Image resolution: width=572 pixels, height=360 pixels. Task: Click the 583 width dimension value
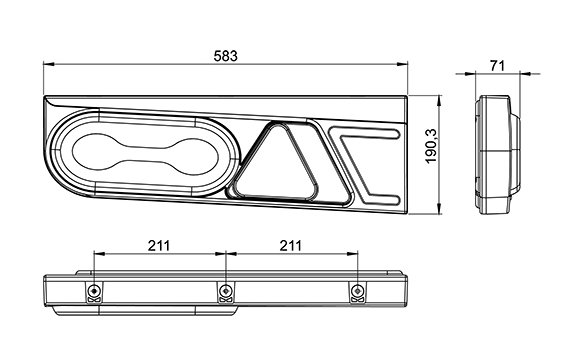click(225, 56)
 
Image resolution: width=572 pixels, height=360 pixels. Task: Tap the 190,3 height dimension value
click(431, 146)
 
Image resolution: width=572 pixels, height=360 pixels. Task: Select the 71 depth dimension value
click(498, 66)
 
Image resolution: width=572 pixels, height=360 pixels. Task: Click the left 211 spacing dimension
click(159, 246)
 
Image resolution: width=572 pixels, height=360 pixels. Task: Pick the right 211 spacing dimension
click(291, 246)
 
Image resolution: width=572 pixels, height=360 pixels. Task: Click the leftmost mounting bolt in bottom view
click(94, 291)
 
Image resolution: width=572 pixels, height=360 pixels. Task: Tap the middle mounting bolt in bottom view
click(226, 291)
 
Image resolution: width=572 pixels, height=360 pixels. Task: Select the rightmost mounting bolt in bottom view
click(358, 291)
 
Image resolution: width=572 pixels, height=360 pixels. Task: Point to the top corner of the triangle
click(278, 124)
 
